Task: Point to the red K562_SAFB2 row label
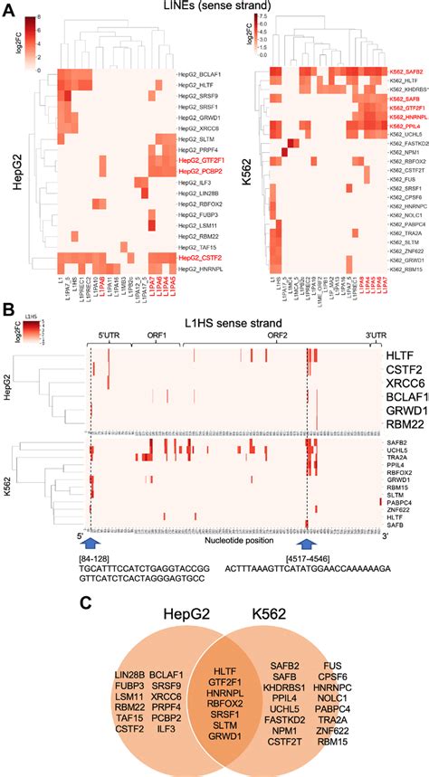point(406,71)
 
